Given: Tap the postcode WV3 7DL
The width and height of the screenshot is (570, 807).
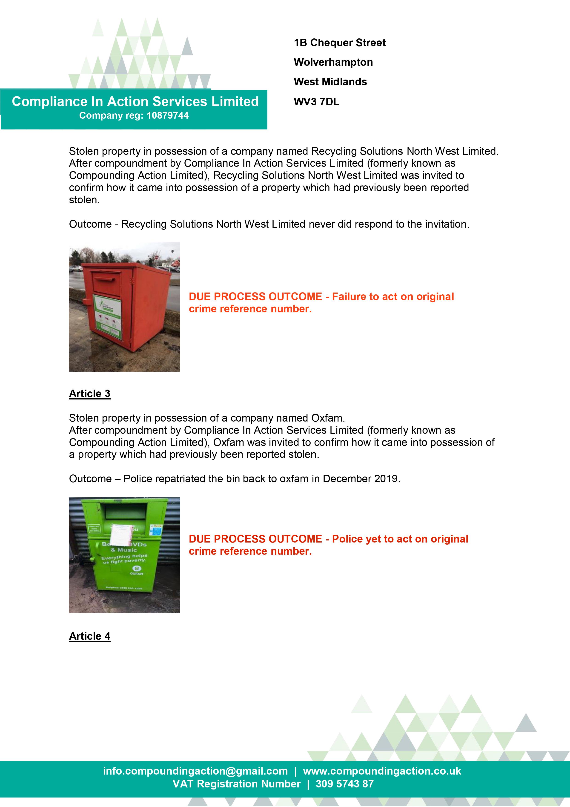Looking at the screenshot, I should (316, 102).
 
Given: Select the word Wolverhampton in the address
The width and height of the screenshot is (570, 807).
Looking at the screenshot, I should (333, 62).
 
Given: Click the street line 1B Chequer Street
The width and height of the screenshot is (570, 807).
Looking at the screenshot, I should (339, 43).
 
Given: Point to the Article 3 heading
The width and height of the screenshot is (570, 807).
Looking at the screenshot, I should (90, 394).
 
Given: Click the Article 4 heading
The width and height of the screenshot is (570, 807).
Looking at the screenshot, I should (90, 636).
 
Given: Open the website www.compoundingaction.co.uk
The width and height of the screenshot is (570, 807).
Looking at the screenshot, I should (382, 771).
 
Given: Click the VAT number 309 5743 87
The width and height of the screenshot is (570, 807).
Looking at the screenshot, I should (344, 784).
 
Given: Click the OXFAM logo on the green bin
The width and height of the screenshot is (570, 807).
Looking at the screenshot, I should (136, 570).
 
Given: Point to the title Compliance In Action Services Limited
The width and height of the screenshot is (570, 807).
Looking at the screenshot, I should (135, 102).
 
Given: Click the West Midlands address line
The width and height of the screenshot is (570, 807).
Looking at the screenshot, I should (330, 82).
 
